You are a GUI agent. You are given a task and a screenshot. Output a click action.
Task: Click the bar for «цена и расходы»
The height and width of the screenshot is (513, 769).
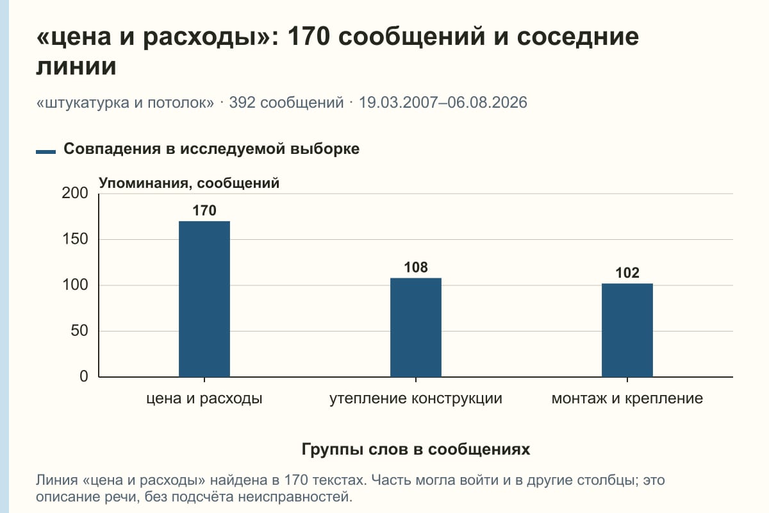tap(204, 299)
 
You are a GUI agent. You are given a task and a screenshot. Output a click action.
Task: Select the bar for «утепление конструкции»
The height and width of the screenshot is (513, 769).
tap(416, 328)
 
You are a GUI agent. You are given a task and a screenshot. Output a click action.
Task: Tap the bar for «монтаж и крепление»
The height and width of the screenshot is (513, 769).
tap(627, 330)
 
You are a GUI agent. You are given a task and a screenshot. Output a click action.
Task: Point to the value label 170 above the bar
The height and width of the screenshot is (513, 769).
tap(204, 210)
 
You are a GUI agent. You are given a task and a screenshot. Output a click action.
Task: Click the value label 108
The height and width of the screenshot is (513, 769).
tap(416, 267)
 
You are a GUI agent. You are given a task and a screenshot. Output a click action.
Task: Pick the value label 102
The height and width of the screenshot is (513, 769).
tap(627, 273)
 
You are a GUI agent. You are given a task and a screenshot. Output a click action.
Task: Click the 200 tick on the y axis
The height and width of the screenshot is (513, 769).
tap(75, 193)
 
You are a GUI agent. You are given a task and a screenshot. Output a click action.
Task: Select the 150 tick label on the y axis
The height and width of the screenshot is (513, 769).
tap(75, 239)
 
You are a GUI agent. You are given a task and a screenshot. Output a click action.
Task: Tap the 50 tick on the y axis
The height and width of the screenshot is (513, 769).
tap(79, 331)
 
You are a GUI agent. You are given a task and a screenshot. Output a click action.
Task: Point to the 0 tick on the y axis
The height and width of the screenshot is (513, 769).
tap(84, 376)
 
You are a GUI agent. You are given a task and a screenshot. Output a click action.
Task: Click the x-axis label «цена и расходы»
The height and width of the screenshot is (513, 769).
tap(204, 399)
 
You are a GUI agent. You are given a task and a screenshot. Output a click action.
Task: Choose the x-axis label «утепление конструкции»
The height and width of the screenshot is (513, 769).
tap(416, 399)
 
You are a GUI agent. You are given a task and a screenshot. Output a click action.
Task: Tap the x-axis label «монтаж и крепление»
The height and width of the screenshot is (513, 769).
tap(627, 399)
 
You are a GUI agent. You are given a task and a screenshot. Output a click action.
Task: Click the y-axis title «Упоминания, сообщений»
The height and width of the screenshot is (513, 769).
tap(189, 183)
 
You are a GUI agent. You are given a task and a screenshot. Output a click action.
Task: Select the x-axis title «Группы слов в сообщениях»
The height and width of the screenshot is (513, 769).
tap(416, 449)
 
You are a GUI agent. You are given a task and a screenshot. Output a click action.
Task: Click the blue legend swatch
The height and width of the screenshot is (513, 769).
tap(45, 151)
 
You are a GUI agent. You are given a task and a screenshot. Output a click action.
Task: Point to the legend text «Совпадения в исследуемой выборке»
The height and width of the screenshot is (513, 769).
tap(211, 149)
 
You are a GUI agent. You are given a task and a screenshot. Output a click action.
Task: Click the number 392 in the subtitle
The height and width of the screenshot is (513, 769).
tap(242, 103)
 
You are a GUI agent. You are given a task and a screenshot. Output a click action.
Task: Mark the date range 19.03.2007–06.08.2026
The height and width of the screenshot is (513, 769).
tap(443, 103)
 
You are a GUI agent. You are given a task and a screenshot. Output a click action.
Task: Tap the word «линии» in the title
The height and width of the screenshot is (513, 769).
tap(76, 66)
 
